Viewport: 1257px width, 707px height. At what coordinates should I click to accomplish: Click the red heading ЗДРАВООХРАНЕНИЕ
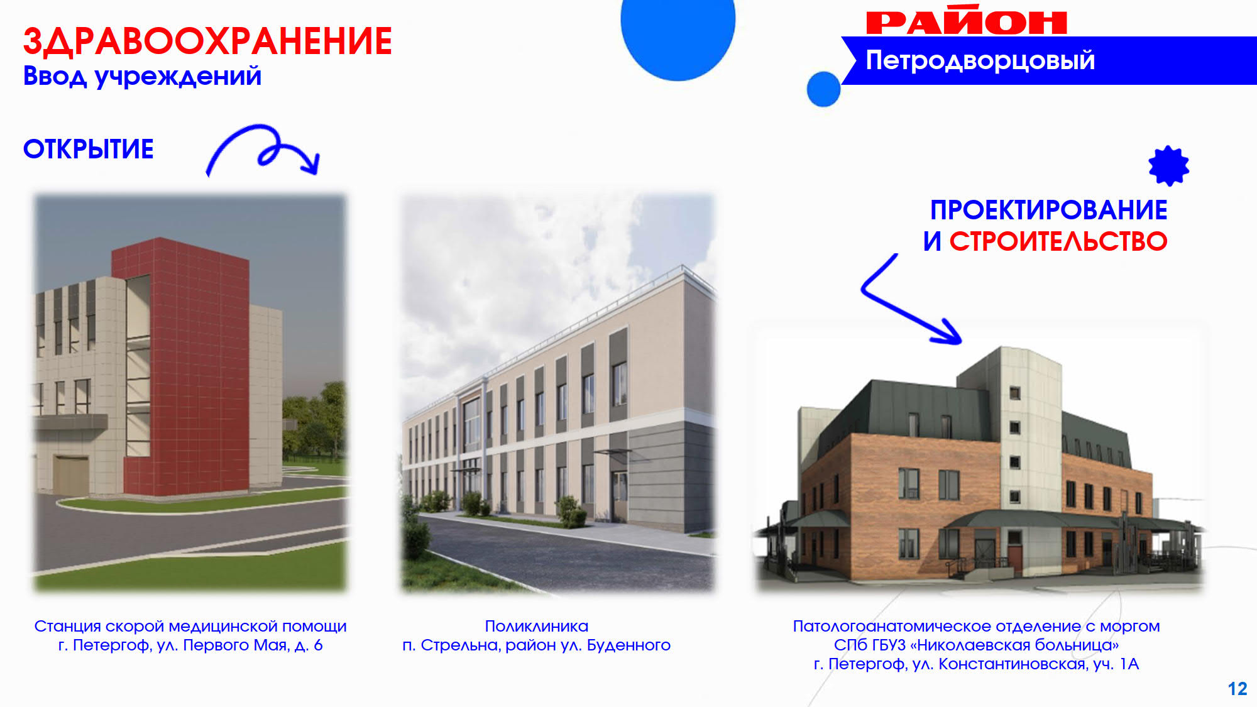click(207, 41)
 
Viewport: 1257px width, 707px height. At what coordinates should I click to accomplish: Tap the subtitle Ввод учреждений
click(142, 77)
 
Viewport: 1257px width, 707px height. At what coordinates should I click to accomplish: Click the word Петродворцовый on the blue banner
click(980, 60)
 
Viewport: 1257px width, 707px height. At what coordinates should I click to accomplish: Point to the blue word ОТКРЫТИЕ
click(89, 150)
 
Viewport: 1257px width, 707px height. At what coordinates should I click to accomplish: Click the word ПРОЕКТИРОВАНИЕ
click(1048, 210)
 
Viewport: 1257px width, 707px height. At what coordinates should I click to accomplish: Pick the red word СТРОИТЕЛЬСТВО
click(1058, 241)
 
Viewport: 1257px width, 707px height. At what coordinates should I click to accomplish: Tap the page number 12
click(1238, 689)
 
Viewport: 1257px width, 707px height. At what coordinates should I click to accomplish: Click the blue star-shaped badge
click(1168, 166)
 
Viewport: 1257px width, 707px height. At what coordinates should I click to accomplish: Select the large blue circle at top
click(678, 31)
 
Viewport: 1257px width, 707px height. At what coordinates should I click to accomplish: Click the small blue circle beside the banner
click(823, 89)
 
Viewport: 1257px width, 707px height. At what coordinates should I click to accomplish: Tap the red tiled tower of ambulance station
click(185, 368)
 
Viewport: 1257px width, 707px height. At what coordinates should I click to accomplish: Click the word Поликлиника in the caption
click(536, 627)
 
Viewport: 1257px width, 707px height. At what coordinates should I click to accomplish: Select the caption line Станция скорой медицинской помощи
click(190, 627)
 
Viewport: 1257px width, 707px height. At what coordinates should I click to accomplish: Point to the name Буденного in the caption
click(628, 645)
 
